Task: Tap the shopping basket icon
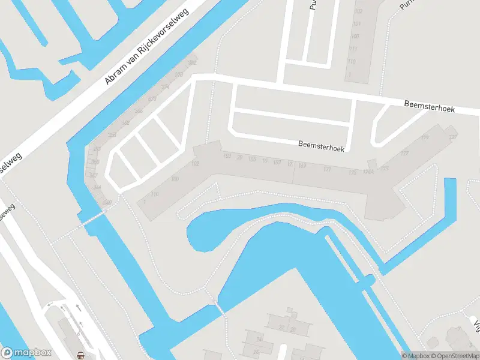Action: point(81,354)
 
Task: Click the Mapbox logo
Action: point(26,353)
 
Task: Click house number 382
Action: point(192,63)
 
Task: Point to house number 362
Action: point(125,123)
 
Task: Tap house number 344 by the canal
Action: point(98,187)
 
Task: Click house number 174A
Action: point(368,171)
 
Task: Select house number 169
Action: point(302,165)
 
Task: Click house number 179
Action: point(425,139)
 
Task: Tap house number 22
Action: point(281,328)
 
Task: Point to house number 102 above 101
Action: point(358,11)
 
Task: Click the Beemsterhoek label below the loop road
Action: point(321,146)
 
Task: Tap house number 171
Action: point(327,170)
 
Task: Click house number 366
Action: point(139,111)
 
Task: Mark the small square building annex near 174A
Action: point(372,163)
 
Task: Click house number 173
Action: point(352,173)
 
